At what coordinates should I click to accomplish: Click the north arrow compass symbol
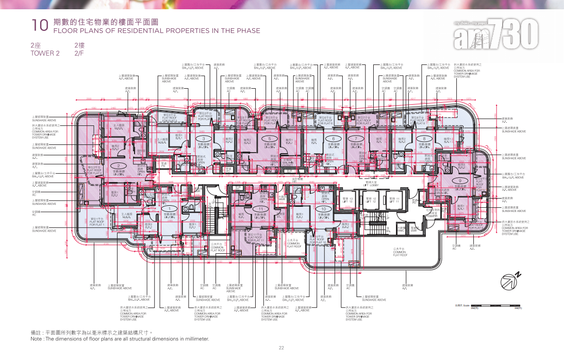tap(509, 281)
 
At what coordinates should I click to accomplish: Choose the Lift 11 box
tap(394, 200)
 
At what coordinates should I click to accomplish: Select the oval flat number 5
tap(269, 139)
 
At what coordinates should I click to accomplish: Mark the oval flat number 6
tap(334, 139)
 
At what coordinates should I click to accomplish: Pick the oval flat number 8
tap(424, 139)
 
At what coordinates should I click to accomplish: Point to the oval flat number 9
tap(459, 181)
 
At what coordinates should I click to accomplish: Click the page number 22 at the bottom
tap(281, 348)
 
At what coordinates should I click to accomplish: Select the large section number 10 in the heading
tap(39, 26)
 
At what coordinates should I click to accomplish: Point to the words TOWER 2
tap(45, 53)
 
